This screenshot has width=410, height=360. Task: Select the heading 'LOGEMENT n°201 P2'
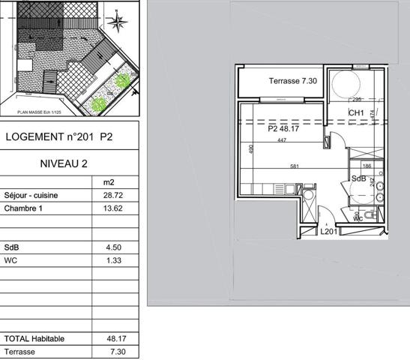click(x=59, y=137)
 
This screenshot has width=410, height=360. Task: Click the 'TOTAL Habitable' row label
click(x=34, y=338)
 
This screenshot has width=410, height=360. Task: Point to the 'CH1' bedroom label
click(x=356, y=114)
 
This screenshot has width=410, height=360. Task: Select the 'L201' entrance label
click(x=328, y=232)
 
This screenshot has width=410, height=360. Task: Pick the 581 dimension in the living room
click(x=294, y=166)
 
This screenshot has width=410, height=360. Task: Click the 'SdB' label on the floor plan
click(x=359, y=178)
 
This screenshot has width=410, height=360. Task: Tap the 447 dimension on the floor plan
click(x=283, y=140)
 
